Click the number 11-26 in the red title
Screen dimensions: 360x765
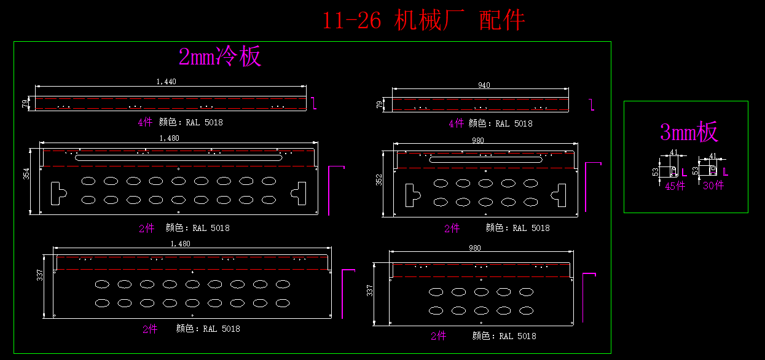click(351, 22)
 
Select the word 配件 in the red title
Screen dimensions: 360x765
click(502, 22)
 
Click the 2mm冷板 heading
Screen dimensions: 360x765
click(220, 57)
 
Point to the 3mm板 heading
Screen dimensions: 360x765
click(689, 132)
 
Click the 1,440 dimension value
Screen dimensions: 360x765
click(167, 82)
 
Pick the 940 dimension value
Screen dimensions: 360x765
click(484, 86)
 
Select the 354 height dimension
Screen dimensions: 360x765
click(26, 174)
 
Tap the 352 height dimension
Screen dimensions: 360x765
click(379, 179)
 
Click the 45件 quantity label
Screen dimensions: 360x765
click(675, 186)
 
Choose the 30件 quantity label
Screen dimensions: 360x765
click(713, 186)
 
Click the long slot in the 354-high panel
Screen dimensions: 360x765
click(179, 158)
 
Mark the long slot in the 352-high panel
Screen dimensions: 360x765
click(485, 160)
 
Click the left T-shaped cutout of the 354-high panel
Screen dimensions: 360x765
click(57, 192)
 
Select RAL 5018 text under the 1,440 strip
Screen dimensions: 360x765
click(205, 122)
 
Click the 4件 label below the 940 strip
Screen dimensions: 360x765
click(456, 123)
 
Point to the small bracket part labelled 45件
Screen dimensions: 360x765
click(669, 171)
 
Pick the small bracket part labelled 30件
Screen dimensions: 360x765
click(709, 170)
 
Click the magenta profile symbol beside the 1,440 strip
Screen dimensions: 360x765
click(315, 103)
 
